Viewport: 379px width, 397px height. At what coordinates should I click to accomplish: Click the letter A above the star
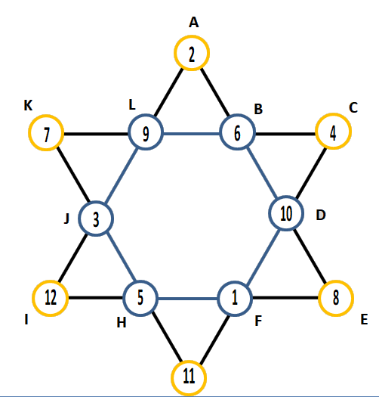[x=194, y=22]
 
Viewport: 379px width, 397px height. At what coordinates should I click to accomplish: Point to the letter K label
[x=28, y=105]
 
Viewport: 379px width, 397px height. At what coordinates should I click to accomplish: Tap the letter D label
[x=321, y=215]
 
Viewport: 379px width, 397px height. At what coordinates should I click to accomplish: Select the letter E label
[x=364, y=320]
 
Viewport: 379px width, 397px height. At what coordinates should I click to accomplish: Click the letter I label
[x=26, y=319]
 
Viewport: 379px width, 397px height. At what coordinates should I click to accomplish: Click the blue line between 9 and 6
[x=192, y=133]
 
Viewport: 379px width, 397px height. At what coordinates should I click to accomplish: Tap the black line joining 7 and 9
[x=96, y=133]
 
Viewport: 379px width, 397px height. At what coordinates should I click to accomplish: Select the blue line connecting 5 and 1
[x=187, y=299]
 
